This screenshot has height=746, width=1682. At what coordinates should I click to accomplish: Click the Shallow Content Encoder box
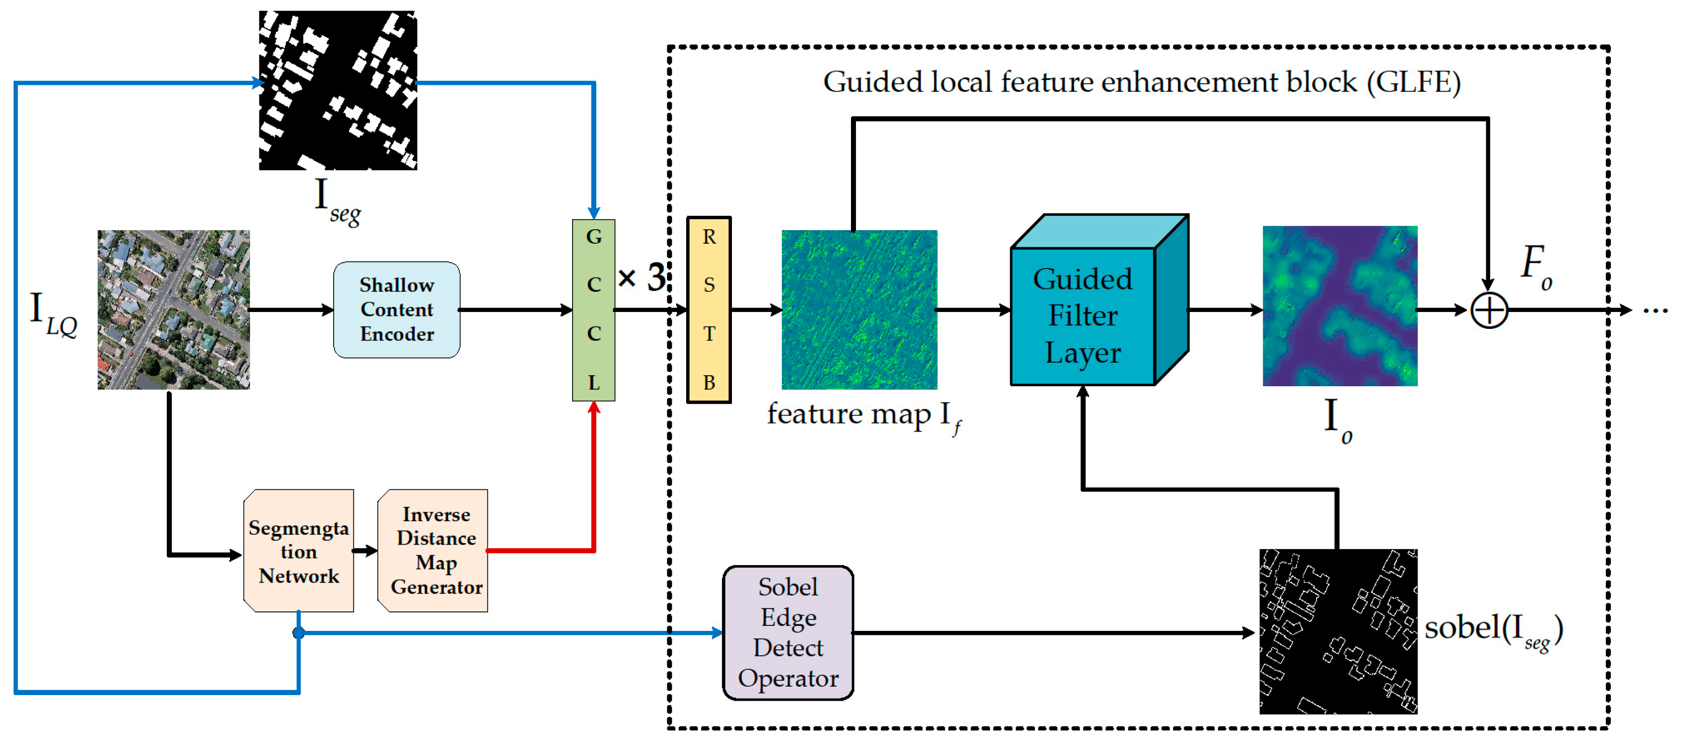396,309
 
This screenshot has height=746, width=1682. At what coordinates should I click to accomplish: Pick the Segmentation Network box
298,551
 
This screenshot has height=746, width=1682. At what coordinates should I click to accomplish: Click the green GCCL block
593,309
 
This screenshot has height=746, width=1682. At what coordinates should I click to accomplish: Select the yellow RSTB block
709,309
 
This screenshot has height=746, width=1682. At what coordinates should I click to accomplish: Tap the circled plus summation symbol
1489,310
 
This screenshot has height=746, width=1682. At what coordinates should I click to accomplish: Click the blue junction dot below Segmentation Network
298,632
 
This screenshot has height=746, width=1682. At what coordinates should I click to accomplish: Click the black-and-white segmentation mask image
338,90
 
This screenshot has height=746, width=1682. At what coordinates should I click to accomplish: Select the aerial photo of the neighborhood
174,309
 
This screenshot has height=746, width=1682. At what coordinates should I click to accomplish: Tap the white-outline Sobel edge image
1338,631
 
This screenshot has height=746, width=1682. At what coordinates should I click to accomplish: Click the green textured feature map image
859,309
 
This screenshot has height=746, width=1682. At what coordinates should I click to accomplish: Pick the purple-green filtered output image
1340,305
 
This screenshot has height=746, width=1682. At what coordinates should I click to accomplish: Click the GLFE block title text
1141,83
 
